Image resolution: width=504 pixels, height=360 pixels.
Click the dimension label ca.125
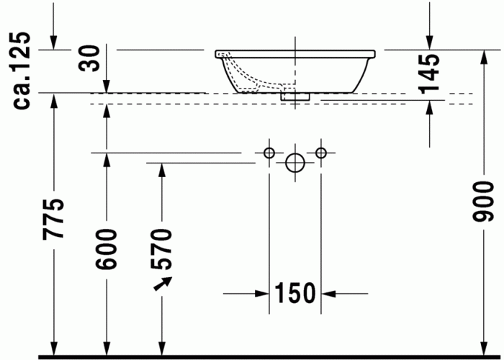pos(22,70)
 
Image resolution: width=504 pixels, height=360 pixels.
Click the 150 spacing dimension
pos(295,293)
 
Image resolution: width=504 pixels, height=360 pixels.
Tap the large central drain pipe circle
pos(295,163)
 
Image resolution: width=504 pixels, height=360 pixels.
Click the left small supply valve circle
pos(269,152)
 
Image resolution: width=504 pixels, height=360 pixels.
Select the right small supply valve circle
pos(321,152)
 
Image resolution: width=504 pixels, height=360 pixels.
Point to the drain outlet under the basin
pos(295,94)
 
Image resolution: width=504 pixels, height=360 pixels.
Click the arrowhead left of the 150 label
pos(262,293)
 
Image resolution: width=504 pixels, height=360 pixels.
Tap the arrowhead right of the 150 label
pos(329,293)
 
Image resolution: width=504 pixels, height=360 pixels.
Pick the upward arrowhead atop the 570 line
pos(162,170)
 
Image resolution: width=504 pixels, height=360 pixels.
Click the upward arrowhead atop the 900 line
pos(487,57)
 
